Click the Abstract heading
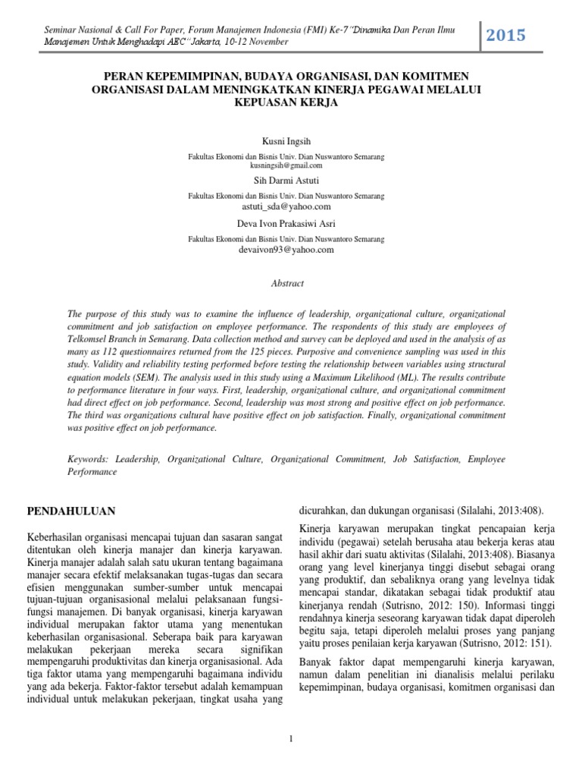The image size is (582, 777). click(x=287, y=283)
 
